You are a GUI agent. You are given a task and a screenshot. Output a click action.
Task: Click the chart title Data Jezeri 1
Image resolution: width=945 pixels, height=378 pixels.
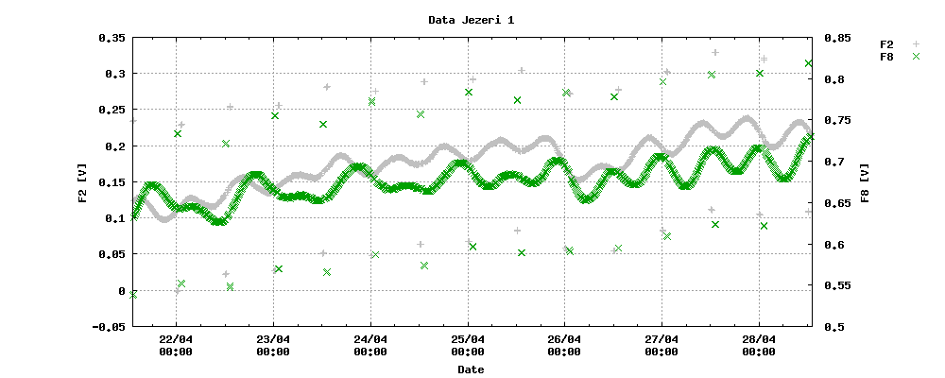coord(471,20)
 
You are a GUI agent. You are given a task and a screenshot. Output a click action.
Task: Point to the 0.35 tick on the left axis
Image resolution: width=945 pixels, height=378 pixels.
coord(111,38)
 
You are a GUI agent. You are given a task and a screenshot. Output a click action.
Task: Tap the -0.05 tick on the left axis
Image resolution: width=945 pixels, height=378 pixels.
coord(107,327)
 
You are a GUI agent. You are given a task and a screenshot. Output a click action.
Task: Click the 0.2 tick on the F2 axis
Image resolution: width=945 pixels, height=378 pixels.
coord(114,146)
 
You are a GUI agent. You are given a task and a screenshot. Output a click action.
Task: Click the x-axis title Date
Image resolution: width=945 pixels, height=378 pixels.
coord(471,369)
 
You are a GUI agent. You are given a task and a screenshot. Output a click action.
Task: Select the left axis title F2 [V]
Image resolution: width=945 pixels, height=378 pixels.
coord(83,182)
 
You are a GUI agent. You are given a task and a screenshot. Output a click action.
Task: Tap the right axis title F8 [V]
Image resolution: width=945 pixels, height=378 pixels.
coord(866,182)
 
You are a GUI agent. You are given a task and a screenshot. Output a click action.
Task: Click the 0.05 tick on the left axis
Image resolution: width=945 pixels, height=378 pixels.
coord(111,255)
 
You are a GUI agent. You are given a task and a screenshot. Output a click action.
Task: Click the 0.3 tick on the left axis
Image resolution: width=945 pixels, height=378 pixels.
coord(114,74)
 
